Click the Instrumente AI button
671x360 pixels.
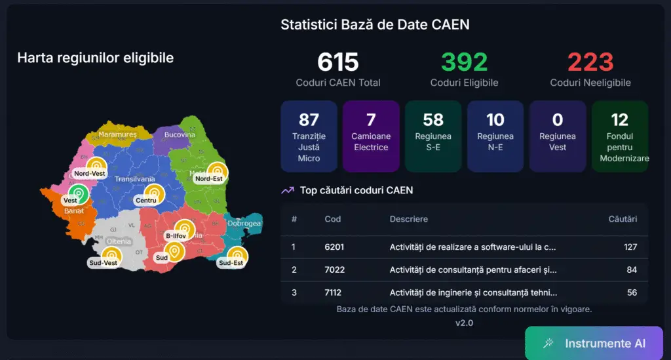point(594,344)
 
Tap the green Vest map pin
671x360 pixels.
point(78,193)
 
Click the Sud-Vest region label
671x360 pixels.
point(103,263)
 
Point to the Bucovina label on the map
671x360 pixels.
point(180,134)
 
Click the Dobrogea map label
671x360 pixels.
point(244,224)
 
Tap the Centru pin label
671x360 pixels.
point(145,200)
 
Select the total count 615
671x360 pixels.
point(338,62)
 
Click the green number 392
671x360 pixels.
point(464,62)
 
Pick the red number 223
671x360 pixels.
point(590,62)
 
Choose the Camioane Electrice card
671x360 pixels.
point(371,136)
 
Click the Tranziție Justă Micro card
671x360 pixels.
point(309,136)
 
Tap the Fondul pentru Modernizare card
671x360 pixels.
point(619,136)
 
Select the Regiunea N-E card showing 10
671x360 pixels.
point(495,136)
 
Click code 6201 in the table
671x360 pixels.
point(334,247)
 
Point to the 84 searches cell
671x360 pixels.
point(631,270)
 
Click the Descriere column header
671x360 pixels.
point(408,218)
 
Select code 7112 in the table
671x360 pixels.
point(333,292)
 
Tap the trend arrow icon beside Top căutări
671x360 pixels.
point(287,190)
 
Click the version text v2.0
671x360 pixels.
point(464,323)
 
